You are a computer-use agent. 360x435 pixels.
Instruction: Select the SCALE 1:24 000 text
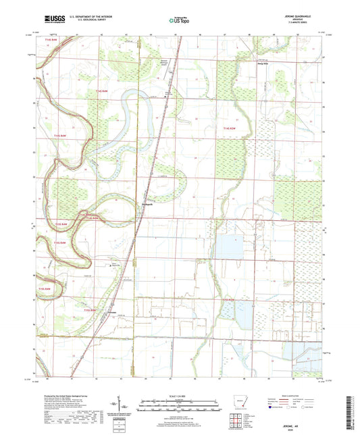179,396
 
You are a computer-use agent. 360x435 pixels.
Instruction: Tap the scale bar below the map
179,408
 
